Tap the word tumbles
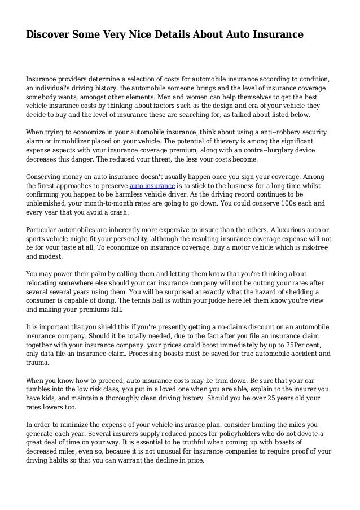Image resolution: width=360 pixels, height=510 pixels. point(41,390)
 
